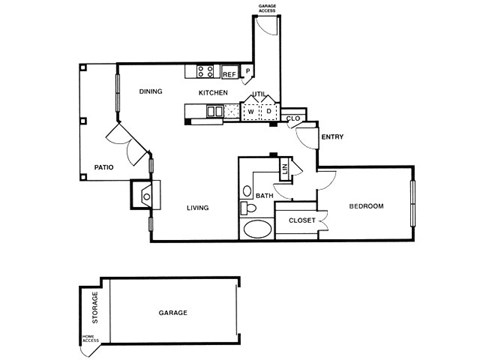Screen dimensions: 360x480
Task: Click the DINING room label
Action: [x=151, y=92]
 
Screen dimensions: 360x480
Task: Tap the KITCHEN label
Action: [x=213, y=93]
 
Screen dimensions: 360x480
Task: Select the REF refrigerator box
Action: [x=229, y=73]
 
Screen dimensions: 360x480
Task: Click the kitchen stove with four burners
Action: [x=206, y=71]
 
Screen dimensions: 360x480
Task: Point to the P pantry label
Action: [x=246, y=72]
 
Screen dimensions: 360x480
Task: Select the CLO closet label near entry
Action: [x=293, y=119]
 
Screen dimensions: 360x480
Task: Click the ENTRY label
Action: [x=332, y=138]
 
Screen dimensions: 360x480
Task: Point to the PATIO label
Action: [x=102, y=167]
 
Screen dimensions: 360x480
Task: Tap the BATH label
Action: [x=264, y=195]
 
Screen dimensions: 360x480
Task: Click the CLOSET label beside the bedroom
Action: [x=302, y=219]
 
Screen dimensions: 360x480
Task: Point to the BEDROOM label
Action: [x=367, y=206]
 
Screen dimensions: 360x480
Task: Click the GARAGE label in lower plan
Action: [x=173, y=312]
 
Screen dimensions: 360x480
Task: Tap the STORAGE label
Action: [x=95, y=307]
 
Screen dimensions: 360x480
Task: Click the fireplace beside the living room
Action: [x=144, y=193]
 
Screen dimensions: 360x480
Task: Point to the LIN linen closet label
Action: [x=286, y=170]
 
